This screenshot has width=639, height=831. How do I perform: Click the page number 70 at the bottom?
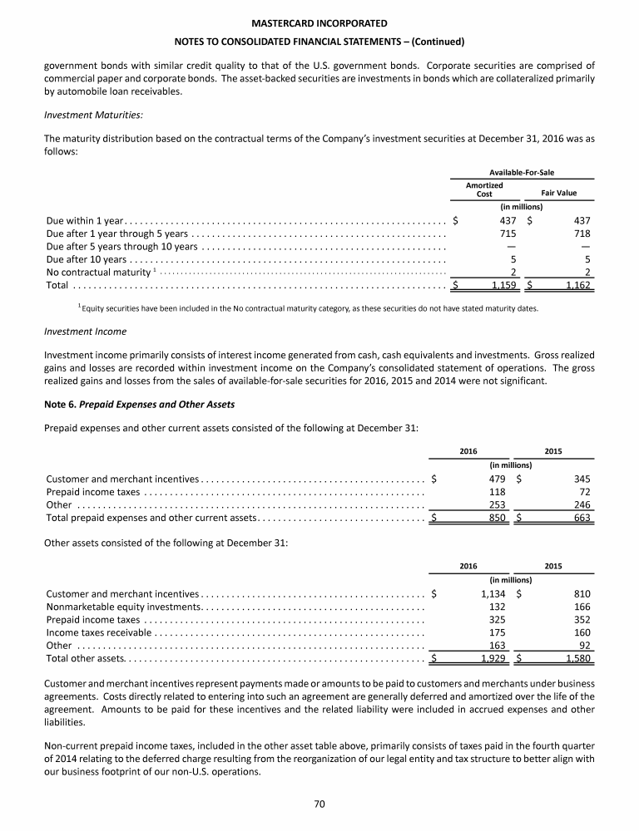tap(319, 802)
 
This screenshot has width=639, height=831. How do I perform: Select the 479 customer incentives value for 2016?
tap(498, 479)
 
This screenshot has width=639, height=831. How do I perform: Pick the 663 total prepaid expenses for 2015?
tap(581, 518)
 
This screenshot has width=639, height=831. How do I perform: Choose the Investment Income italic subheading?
tap(87, 331)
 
